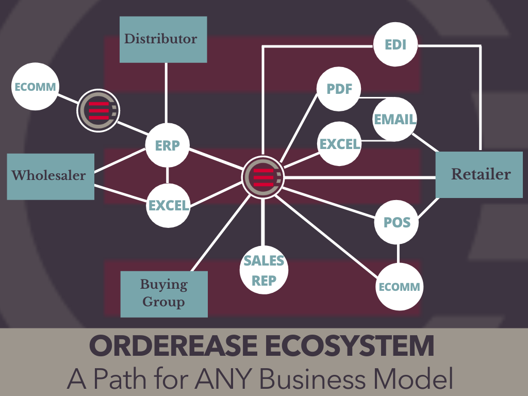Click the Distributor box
pyautogui.click(x=163, y=39)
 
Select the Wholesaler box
pyautogui.click(x=51, y=176)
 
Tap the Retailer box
pyautogui.click(x=479, y=174)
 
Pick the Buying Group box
pyautogui.click(x=164, y=293)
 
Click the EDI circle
pyautogui.click(x=396, y=44)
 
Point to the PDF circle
pyautogui.click(x=339, y=89)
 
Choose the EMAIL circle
pyautogui.click(x=395, y=120)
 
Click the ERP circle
pyautogui.click(x=168, y=145)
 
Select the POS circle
pyautogui.click(x=397, y=223)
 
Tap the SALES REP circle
pyautogui.click(x=264, y=270)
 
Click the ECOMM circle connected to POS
pyautogui.click(x=400, y=287)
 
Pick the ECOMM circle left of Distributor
pyautogui.click(x=35, y=87)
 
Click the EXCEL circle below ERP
pyautogui.click(x=169, y=205)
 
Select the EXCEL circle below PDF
pyautogui.click(x=339, y=144)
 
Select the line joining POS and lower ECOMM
pyautogui.click(x=398, y=254)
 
